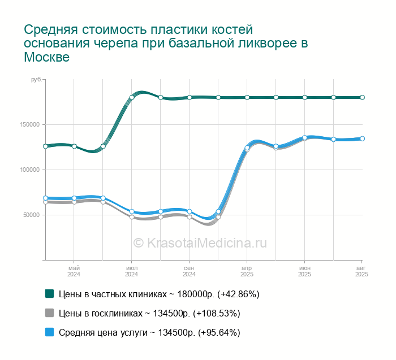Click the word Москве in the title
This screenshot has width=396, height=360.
pos(47,57)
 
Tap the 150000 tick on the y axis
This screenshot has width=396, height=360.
pos(30,125)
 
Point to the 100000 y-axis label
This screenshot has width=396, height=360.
pos(30,170)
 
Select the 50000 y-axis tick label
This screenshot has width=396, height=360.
pos(31,215)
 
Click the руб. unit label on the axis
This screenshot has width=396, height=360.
pos(36,80)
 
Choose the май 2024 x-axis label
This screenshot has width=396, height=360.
pos(74,271)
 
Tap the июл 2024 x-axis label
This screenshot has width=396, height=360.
pos(132,271)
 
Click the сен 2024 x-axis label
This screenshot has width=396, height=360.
pos(189,271)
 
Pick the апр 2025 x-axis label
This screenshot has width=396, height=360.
pos(247,271)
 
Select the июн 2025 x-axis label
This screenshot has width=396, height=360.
pos(304,271)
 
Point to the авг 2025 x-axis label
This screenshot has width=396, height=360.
pos(361,271)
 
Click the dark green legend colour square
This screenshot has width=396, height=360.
pos(50,294)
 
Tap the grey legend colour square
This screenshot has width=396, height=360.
pos(50,313)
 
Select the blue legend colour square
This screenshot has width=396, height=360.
pos(50,332)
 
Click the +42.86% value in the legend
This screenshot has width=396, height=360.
pos(238,294)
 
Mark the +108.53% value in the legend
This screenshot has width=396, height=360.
pos(217,313)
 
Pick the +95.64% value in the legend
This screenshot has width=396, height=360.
pos(219,332)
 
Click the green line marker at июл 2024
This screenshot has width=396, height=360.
pos(132,97)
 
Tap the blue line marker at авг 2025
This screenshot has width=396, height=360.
pos(362,138)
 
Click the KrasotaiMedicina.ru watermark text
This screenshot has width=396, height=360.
pos(200,243)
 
